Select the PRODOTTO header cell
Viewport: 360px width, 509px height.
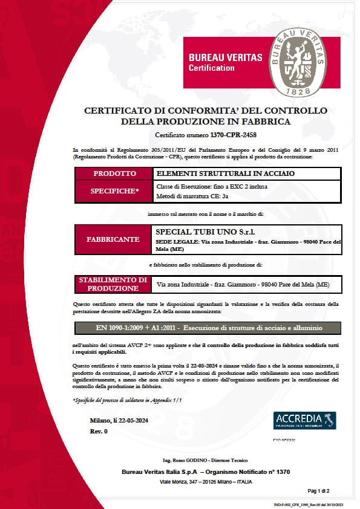[x=114, y=173]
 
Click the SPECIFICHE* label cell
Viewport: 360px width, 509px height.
[x=114, y=190]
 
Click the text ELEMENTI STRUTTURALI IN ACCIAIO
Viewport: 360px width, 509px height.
[x=200, y=173]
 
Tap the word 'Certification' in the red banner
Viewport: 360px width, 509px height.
[x=211, y=68]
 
